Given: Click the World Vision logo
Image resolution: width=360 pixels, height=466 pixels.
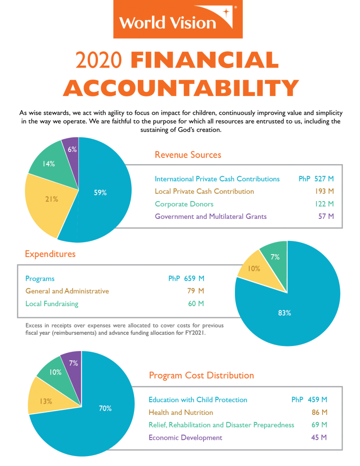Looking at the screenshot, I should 178,19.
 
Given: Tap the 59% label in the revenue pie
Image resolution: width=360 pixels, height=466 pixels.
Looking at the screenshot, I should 100,192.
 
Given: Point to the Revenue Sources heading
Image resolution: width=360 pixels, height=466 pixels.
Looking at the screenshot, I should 188,155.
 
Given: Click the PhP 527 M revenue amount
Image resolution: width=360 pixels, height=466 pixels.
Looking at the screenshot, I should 316,179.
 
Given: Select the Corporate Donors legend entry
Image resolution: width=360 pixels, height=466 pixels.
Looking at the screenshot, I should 184,204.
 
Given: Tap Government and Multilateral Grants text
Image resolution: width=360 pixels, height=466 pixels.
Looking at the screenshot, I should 210,216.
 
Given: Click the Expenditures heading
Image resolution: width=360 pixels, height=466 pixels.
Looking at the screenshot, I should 50,254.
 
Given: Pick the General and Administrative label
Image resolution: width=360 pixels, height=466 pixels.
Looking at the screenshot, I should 67,291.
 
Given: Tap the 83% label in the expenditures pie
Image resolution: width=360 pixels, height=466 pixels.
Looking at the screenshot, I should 284,313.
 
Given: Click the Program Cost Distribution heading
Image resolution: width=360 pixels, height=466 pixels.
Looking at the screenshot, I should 202,375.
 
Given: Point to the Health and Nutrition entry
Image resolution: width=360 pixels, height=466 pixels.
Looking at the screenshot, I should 181,412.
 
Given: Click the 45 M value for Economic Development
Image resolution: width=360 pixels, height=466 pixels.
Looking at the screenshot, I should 319,437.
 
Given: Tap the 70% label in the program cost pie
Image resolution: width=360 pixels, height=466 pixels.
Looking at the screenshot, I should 105,408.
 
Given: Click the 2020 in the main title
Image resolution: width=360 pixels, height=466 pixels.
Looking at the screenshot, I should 99,60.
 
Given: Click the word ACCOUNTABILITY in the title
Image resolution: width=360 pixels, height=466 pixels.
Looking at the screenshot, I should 181,88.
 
